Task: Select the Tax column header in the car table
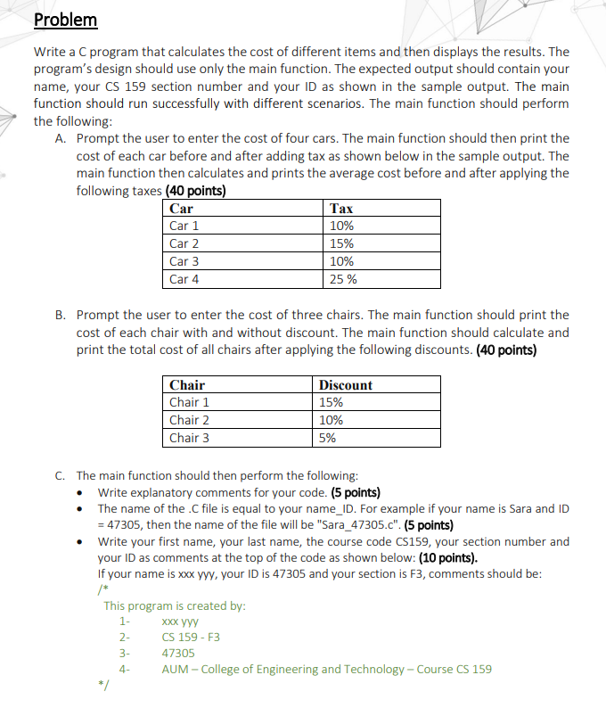click(341, 208)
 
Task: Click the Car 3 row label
click(184, 261)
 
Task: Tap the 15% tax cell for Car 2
click(341, 243)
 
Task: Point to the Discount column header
click(345, 385)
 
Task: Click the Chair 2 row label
click(189, 420)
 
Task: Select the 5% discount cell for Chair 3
click(327, 438)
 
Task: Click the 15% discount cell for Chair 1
click(331, 402)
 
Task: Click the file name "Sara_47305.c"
click(283, 524)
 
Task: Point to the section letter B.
click(60, 315)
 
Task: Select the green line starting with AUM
click(326, 669)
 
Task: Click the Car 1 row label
click(184, 226)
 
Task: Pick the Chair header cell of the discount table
click(187, 385)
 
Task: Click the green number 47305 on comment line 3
click(179, 653)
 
